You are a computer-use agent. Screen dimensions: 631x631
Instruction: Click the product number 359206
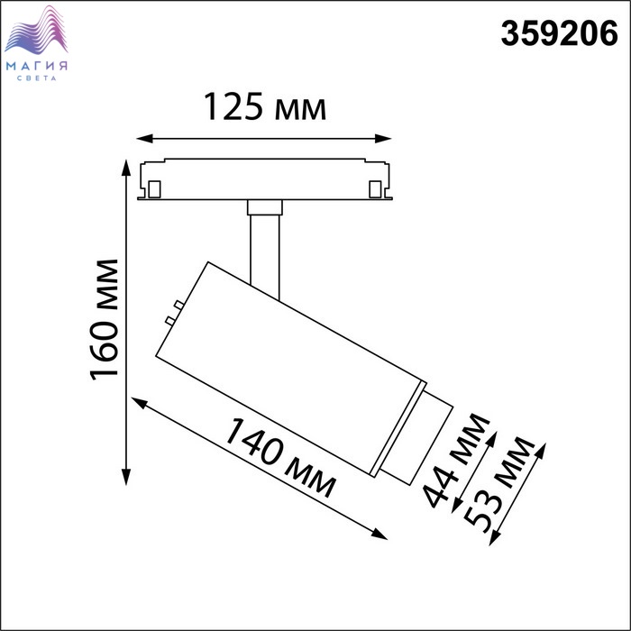coord(559,33)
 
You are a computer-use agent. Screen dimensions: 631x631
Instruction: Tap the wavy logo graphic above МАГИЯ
coord(36,30)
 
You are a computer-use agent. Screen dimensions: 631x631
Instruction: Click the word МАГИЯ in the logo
coord(37,66)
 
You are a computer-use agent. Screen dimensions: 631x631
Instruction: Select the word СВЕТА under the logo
coord(37,78)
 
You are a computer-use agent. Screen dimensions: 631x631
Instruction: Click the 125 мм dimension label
coord(265,106)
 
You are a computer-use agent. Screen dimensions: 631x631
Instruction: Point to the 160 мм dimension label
coord(105,320)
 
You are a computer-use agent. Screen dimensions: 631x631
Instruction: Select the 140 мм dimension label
coord(279,458)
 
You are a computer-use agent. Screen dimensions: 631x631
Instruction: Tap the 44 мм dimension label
coord(456,460)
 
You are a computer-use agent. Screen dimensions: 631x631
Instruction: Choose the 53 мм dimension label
coord(499,485)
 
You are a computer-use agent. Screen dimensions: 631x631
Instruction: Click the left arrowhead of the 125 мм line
coord(145,139)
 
